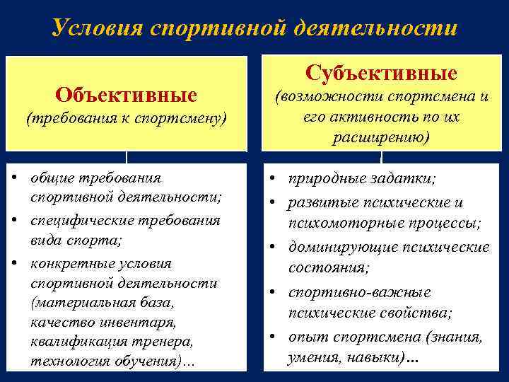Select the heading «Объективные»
click(x=127, y=94)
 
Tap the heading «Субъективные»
click(x=382, y=73)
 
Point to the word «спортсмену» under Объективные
click(x=187, y=118)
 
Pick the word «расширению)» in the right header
click(x=382, y=137)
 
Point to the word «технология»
click(x=66, y=361)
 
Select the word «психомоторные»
click(x=336, y=224)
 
